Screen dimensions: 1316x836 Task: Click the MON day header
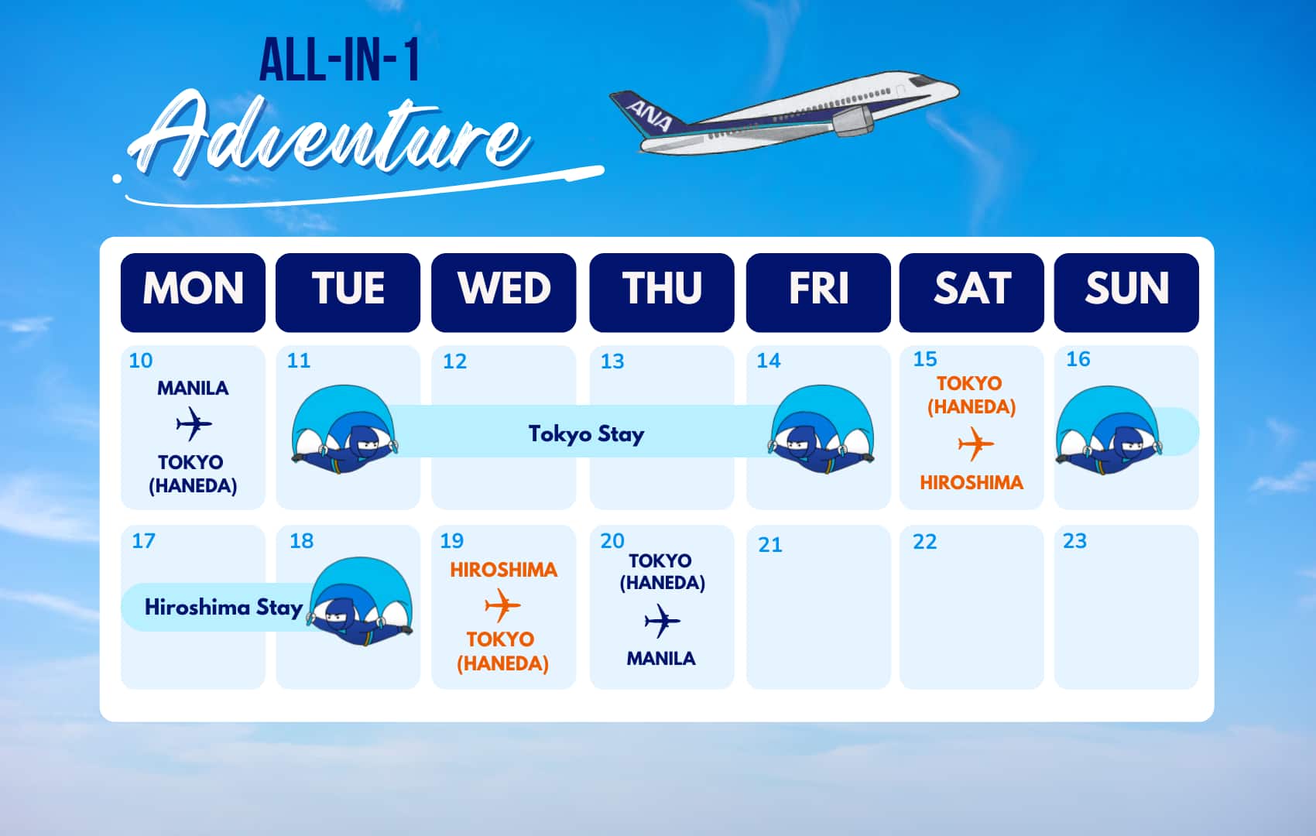[193, 292]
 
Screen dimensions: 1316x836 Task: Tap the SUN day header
[1126, 292]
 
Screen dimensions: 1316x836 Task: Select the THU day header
[662, 292]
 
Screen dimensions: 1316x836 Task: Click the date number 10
[141, 360]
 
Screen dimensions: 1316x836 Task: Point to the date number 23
[1075, 540]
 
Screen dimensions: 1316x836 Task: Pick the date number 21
[770, 545]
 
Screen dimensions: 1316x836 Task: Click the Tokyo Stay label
[586, 434]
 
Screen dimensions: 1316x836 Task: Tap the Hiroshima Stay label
[224, 608]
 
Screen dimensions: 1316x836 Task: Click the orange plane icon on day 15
[976, 444]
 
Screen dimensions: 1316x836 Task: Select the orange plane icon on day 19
[502, 605]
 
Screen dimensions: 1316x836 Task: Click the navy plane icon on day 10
[194, 423]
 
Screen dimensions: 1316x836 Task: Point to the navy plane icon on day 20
[662, 620]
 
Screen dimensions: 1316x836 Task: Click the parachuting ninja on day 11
[344, 430]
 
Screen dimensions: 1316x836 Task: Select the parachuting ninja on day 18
[361, 601]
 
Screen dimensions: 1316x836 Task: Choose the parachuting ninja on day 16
[1108, 430]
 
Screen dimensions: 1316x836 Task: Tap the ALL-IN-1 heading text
[340, 60]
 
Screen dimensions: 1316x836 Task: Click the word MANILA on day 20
[661, 659]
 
